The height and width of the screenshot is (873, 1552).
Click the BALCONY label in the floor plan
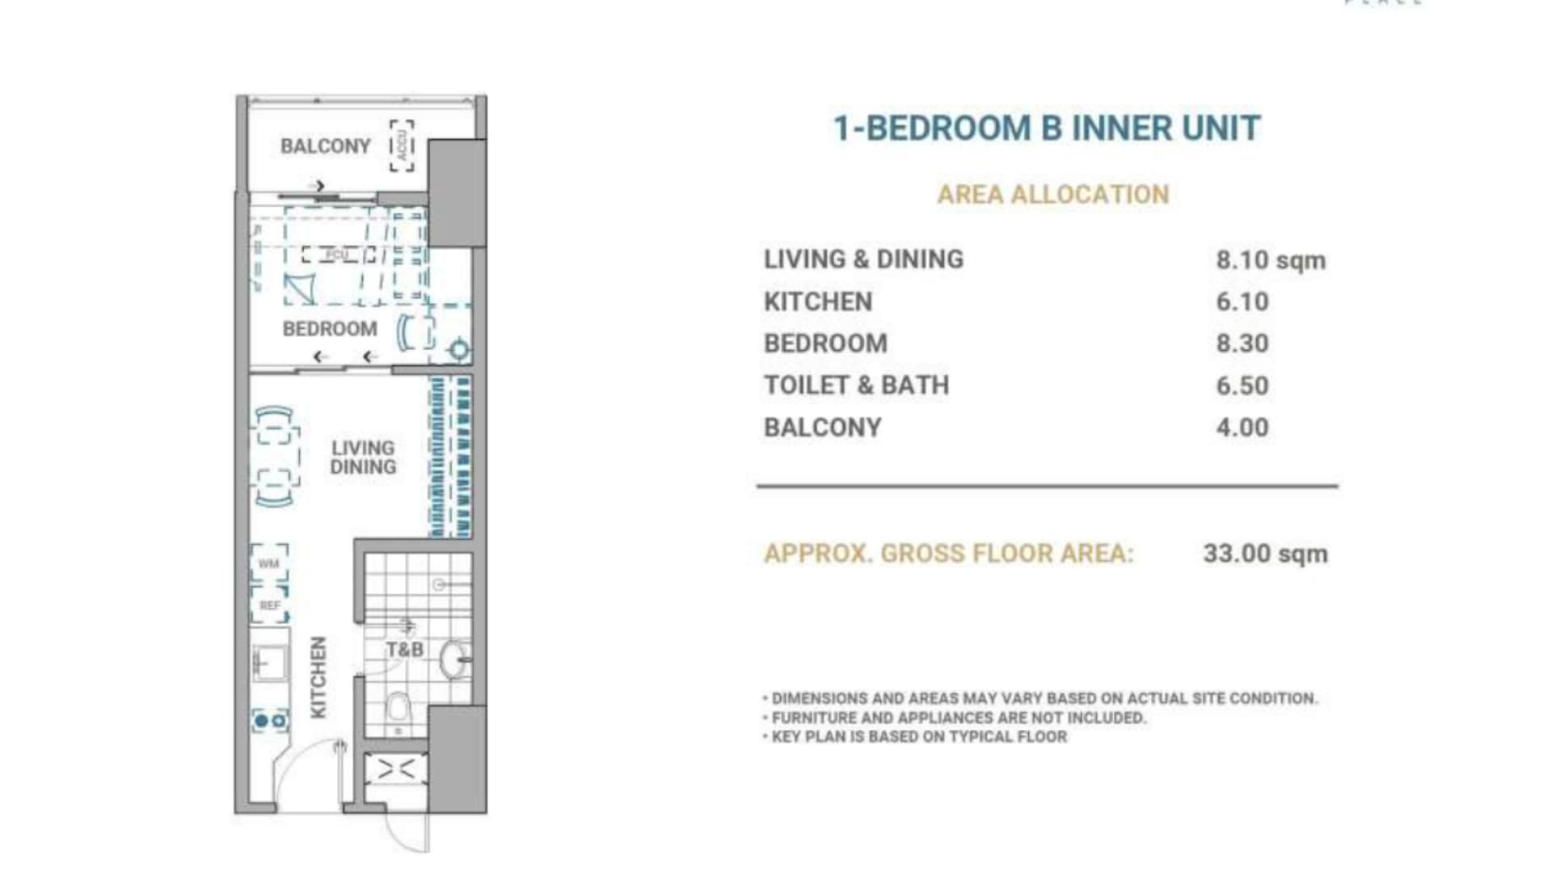[x=325, y=146]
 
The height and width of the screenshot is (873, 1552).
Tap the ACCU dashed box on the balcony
[x=402, y=145]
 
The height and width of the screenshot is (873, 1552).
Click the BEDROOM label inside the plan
[x=330, y=329]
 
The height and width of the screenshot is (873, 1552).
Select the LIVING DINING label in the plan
[x=363, y=458]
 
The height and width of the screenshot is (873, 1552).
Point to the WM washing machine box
[x=268, y=563]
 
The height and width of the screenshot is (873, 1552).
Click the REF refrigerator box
[x=269, y=605]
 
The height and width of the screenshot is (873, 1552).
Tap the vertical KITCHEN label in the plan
[x=318, y=677]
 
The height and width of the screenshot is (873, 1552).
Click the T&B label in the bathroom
[x=404, y=650]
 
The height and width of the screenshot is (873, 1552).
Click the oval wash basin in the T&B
[x=455, y=659]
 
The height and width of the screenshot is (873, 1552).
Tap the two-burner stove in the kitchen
[x=270, y=720]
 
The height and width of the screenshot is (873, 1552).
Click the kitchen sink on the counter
[x=269, y=663]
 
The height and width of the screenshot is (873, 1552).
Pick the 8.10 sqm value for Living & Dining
[x=1270, y=260]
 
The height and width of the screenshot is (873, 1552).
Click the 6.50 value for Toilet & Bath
[x=1242, y=386]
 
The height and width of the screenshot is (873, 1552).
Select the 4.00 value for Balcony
[x=1242, y=428]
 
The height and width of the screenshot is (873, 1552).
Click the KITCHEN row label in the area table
[x=818, y=302]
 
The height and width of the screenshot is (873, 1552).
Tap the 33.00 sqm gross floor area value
[x=1265, y=554]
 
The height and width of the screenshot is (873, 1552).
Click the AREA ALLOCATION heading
[x=1052, y=195]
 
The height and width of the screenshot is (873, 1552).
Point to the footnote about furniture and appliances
[x=959, y=718]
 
